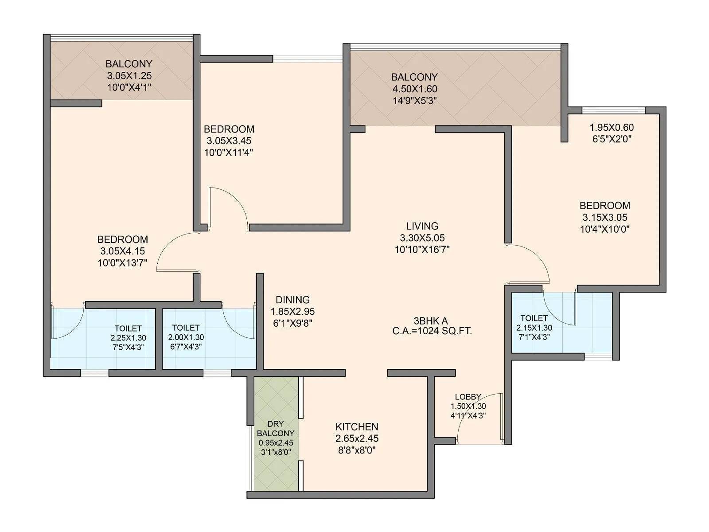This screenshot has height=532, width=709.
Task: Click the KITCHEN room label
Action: (357, 427)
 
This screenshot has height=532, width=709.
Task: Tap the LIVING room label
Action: (422, 226)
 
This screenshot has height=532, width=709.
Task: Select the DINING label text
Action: (292, 300)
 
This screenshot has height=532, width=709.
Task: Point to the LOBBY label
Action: (468, 397)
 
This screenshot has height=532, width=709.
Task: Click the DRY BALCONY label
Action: (276, 429)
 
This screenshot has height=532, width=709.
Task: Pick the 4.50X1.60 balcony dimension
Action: (414, 89)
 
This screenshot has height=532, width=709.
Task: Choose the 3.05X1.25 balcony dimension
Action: (129, 75)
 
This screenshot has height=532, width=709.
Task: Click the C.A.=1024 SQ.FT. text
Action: (432, 331)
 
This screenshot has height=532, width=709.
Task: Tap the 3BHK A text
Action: (431, 321)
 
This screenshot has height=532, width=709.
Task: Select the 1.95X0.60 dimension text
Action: (612, 127)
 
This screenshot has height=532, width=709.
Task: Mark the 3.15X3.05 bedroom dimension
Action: (604, 217)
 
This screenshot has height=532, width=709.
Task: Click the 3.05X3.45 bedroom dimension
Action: (229, 141)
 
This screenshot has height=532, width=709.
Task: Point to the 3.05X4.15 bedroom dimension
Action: (123, 251)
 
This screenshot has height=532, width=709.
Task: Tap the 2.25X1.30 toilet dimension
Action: (128, 338)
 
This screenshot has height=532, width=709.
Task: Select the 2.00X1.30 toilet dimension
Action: (186, 337)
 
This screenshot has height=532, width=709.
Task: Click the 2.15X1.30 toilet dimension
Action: (534, 328)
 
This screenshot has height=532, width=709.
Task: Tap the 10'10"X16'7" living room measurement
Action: (422, 250)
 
